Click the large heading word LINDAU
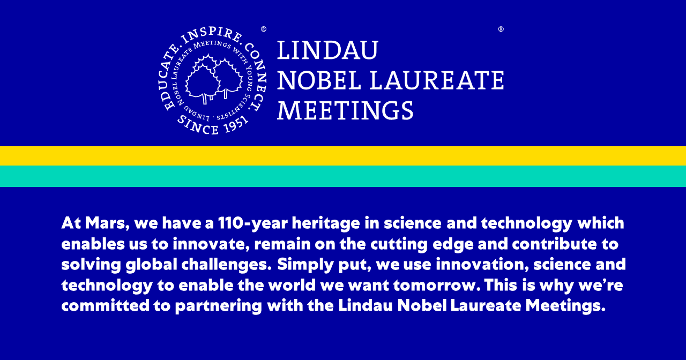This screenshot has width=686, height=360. pyautogui.click(x=327, y=50)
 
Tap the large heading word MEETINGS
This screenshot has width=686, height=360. pyautogui.click(x=345, y=111)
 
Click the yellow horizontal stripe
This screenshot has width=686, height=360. pyautogui.click(x=343, y=156)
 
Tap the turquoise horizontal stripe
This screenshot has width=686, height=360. pyautogui.click(x=343, y=176)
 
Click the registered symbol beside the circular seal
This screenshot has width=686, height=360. pyautogui.click(x=264, y=29)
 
